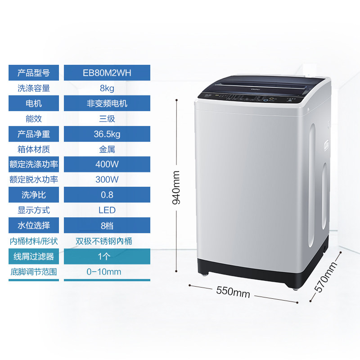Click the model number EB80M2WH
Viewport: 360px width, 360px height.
(107, 73)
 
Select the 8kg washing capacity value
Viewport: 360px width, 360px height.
(107, 88)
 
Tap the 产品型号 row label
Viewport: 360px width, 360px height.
(34, 73)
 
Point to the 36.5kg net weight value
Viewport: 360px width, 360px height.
(107, 134)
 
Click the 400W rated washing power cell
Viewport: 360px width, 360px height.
(107, 164)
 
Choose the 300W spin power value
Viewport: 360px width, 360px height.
(107, 180)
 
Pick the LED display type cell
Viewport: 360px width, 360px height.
(107, 210)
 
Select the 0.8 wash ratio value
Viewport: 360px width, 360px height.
(107, 195)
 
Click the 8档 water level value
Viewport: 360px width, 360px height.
(107, 225)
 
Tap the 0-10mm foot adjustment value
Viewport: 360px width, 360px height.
(104, 272)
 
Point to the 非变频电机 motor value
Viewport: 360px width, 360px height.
(107, 103)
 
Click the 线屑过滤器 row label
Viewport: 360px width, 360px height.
(34, 256)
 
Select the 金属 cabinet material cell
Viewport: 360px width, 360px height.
(107, 149)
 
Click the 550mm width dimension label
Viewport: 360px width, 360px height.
(233, 292)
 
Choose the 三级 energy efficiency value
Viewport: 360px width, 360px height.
(107, 119)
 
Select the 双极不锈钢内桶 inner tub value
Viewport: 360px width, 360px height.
(107, 241)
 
